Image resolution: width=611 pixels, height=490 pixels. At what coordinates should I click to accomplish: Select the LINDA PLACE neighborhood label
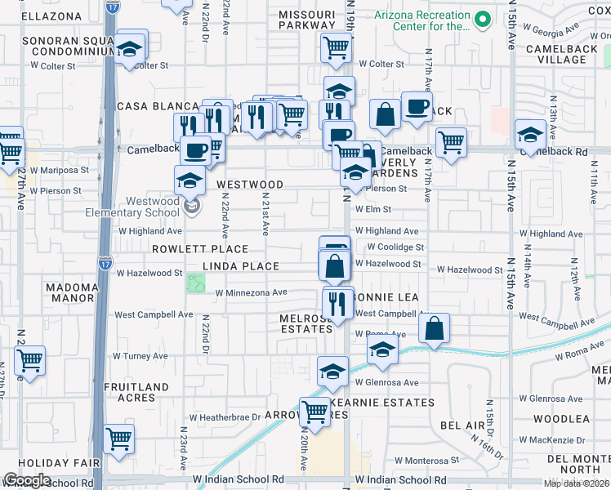241,267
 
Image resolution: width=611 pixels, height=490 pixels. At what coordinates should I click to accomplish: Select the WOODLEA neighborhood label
561,419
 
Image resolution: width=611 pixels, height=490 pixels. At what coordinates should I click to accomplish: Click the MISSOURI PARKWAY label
306,20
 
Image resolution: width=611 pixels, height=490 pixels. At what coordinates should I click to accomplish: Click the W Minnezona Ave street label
252,292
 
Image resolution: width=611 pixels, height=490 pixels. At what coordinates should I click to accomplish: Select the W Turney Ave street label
140,356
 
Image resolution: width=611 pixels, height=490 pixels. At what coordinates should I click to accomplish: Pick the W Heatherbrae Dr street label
222,416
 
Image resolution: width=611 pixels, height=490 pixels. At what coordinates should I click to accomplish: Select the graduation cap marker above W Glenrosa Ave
332,371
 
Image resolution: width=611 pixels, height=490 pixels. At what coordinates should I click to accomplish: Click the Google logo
27,480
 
